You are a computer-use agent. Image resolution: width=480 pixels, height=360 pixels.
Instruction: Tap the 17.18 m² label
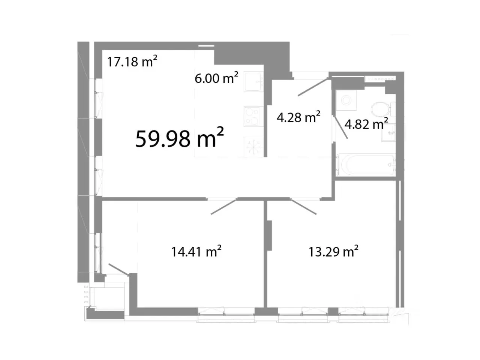click(x=132, y=61)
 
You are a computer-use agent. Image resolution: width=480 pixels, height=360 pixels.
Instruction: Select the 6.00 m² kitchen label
click(x=216, y=78)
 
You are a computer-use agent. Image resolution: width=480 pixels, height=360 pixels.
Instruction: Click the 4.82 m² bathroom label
click(x=366, y=124)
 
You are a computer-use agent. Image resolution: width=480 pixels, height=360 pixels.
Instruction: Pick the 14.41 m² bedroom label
click(x=196, y=251)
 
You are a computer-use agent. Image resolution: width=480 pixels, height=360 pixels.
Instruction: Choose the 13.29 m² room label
click(x=333, y=251)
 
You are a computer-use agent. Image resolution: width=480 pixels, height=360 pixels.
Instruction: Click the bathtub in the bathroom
click(x=367, y=165)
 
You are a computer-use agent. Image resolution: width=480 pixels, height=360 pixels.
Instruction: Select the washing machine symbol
click(x=346, y=100)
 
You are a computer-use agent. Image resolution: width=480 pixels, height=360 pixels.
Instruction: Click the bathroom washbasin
click(x=388, y=132)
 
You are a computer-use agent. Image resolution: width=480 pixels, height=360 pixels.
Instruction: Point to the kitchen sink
click(x=253, y=82)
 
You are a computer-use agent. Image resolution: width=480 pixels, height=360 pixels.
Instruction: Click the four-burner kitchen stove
click(x=253, y=116)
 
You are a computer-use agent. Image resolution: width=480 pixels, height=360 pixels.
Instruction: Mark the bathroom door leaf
click(x=341, y=127)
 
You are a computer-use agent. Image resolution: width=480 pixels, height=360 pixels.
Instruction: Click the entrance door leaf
click(x=313, y=87)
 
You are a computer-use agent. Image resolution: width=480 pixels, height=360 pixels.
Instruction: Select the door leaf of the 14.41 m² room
click(x=224, y=206)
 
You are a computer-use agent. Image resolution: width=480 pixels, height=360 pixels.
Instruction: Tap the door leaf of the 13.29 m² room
click(x=303, y=206)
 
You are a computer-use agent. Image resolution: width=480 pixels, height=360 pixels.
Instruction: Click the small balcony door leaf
click(x=118, y=269)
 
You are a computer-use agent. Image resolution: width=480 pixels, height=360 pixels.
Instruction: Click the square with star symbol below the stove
click(x=253, y=147)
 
